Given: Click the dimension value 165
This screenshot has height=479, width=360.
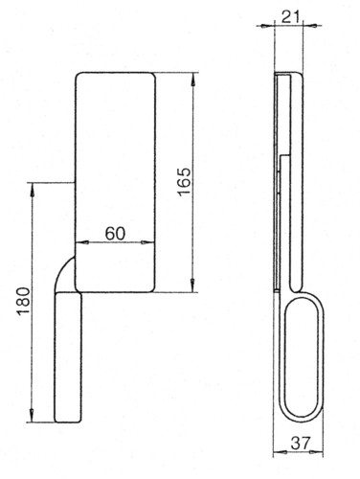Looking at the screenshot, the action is point(184,181).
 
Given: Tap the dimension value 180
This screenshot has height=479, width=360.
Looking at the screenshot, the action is point(24,301).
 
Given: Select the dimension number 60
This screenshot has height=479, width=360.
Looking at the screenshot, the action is point(115,234).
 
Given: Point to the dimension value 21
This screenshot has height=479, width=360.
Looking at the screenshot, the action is point(291,17).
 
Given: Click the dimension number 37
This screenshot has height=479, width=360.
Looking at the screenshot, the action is point(301,443).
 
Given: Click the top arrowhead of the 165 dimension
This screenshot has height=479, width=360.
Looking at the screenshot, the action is point(192,79).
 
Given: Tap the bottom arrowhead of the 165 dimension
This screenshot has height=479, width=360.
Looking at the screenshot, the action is point(192,286).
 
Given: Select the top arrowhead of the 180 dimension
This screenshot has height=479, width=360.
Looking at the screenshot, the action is point(32,189).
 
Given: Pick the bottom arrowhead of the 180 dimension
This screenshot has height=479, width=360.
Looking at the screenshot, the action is point(32,417).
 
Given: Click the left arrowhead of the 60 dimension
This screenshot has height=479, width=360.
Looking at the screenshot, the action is point(81,242).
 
